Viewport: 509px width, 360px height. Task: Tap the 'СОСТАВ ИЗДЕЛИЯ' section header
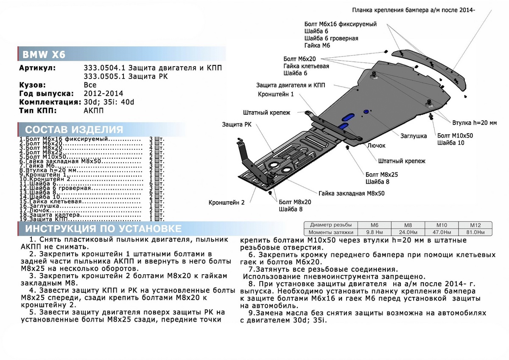point(74,130)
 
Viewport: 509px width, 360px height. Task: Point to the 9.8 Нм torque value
point(375,232)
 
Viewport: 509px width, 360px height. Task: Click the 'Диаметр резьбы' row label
point(331,225)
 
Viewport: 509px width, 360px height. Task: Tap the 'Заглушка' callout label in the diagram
point(414,136)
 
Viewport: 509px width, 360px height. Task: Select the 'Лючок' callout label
point(376,146)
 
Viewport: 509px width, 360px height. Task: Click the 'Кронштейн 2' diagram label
point(227,202)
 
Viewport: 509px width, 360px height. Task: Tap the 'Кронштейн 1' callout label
point(275,94)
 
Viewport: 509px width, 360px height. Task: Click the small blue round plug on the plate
point(366,112)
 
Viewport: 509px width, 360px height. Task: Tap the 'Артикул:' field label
point(37,68)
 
